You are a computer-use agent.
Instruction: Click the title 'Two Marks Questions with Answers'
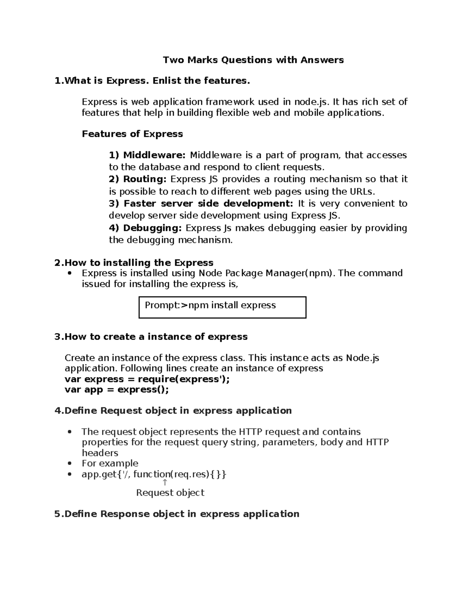click(x=253, y=60)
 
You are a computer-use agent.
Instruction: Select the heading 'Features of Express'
click(x=132, y=134)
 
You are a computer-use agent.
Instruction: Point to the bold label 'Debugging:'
click(x=145, y=228)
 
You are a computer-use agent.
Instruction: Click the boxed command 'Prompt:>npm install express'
click(x=210, y=305)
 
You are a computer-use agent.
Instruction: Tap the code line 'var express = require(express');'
click(x=147, y=379)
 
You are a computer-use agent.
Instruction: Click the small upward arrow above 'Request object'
click(x=165, y=482)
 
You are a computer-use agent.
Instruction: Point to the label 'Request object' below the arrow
click(x=170, y=492)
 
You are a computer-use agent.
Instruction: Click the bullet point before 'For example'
click(x=69, y=464)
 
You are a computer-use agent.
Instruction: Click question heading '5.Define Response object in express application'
click(x=177, y=514)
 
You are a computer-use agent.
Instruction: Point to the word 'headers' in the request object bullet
click(x=100, y=453)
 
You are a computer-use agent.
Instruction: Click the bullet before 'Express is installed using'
click(x=69, y=273)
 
